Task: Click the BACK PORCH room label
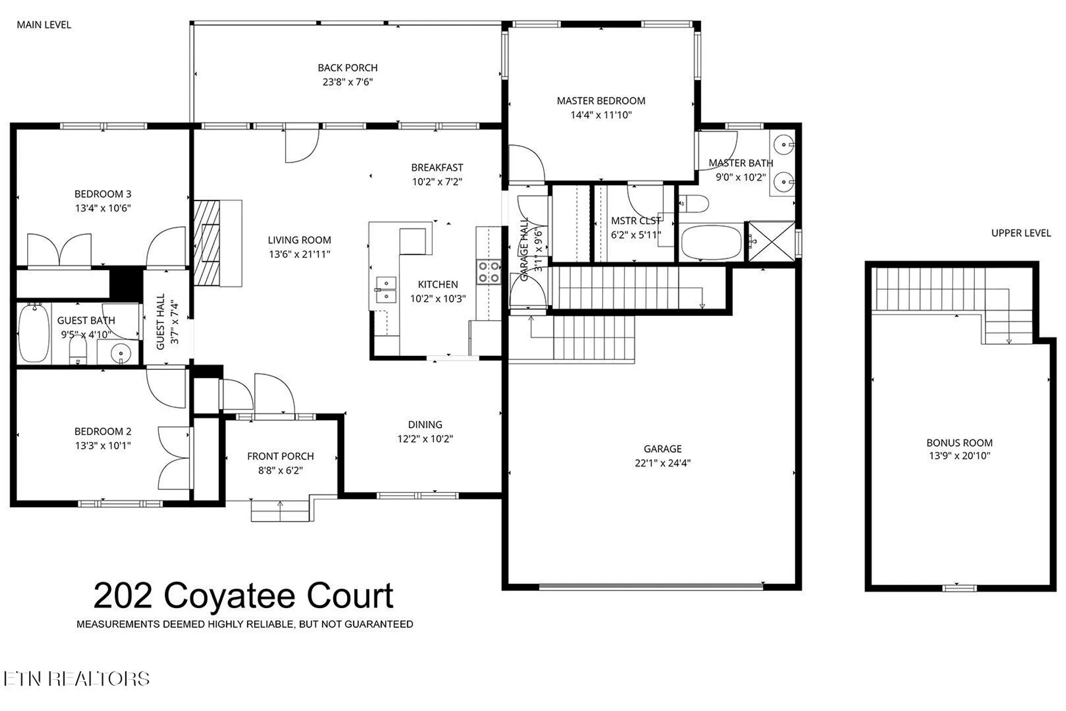(348, 68)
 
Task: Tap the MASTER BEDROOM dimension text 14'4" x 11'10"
(601, 115)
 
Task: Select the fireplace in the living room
(207, 243)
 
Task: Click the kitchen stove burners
(488, 272)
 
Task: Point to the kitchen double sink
(385, 290)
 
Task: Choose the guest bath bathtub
(34, 334)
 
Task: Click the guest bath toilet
(78, 351)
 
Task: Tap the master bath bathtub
(712, 242)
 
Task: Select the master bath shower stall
(771, 242)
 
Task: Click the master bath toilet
(694, 204)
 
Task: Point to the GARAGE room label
(662, 449)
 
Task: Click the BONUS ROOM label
(959, 443)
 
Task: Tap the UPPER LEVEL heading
(1021, 233)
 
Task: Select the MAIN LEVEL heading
(44, 25)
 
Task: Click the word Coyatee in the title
(229, 596)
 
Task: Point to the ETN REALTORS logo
(76, 678)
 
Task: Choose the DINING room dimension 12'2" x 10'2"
(425, 439)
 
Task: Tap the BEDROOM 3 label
(102, 194)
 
